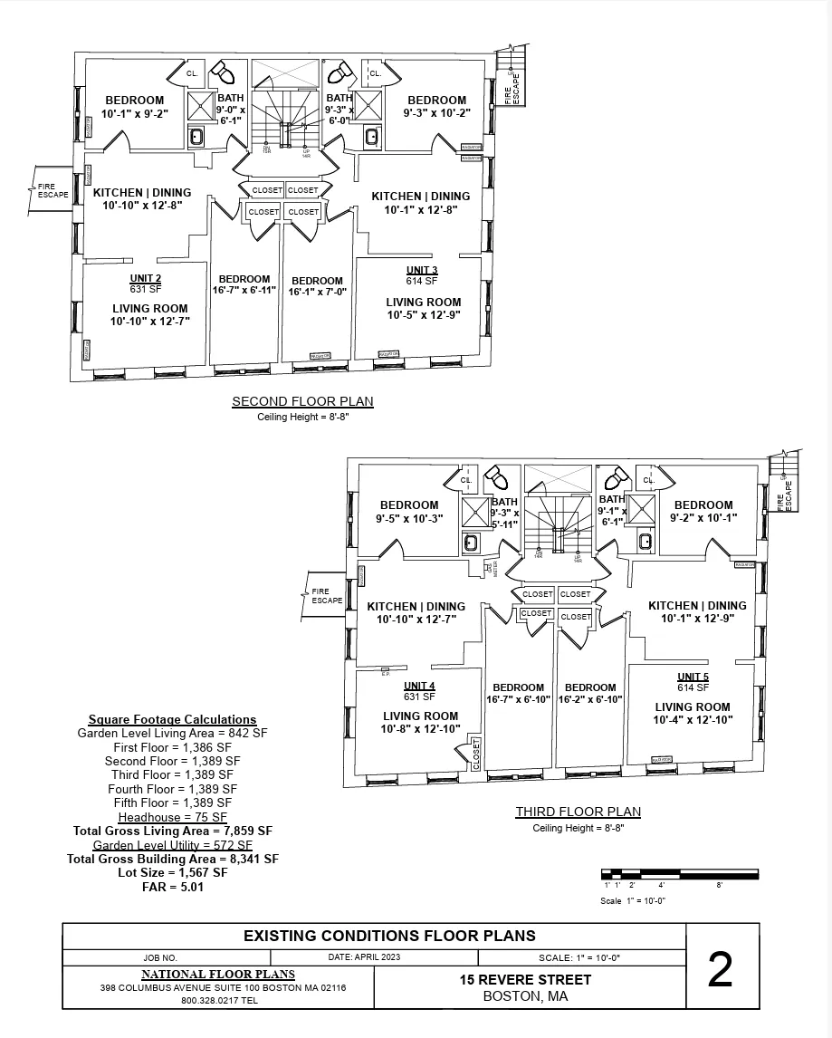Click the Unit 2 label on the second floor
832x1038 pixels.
coord(146,278)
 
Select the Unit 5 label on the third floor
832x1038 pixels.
coord(693,677)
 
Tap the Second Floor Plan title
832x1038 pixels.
coord(302,401)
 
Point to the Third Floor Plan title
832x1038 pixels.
coord(578,812)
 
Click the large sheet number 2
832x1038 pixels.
coord(720,970)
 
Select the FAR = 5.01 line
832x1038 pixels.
coord(172,887)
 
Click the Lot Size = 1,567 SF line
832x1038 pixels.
coord(172,872)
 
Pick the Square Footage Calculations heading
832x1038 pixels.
coord(172,719)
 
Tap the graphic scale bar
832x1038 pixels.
coord(679,875)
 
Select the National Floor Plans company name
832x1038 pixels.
coord(217,974)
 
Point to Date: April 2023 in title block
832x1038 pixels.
coord(363,956)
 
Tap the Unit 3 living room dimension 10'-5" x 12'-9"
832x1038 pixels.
coord(423,316)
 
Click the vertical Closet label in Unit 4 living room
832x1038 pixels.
coord(475,754)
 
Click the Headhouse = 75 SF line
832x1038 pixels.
coord(172,817)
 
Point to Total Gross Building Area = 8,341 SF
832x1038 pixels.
coord(172,859)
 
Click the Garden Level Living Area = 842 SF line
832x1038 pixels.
coord(172,733)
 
